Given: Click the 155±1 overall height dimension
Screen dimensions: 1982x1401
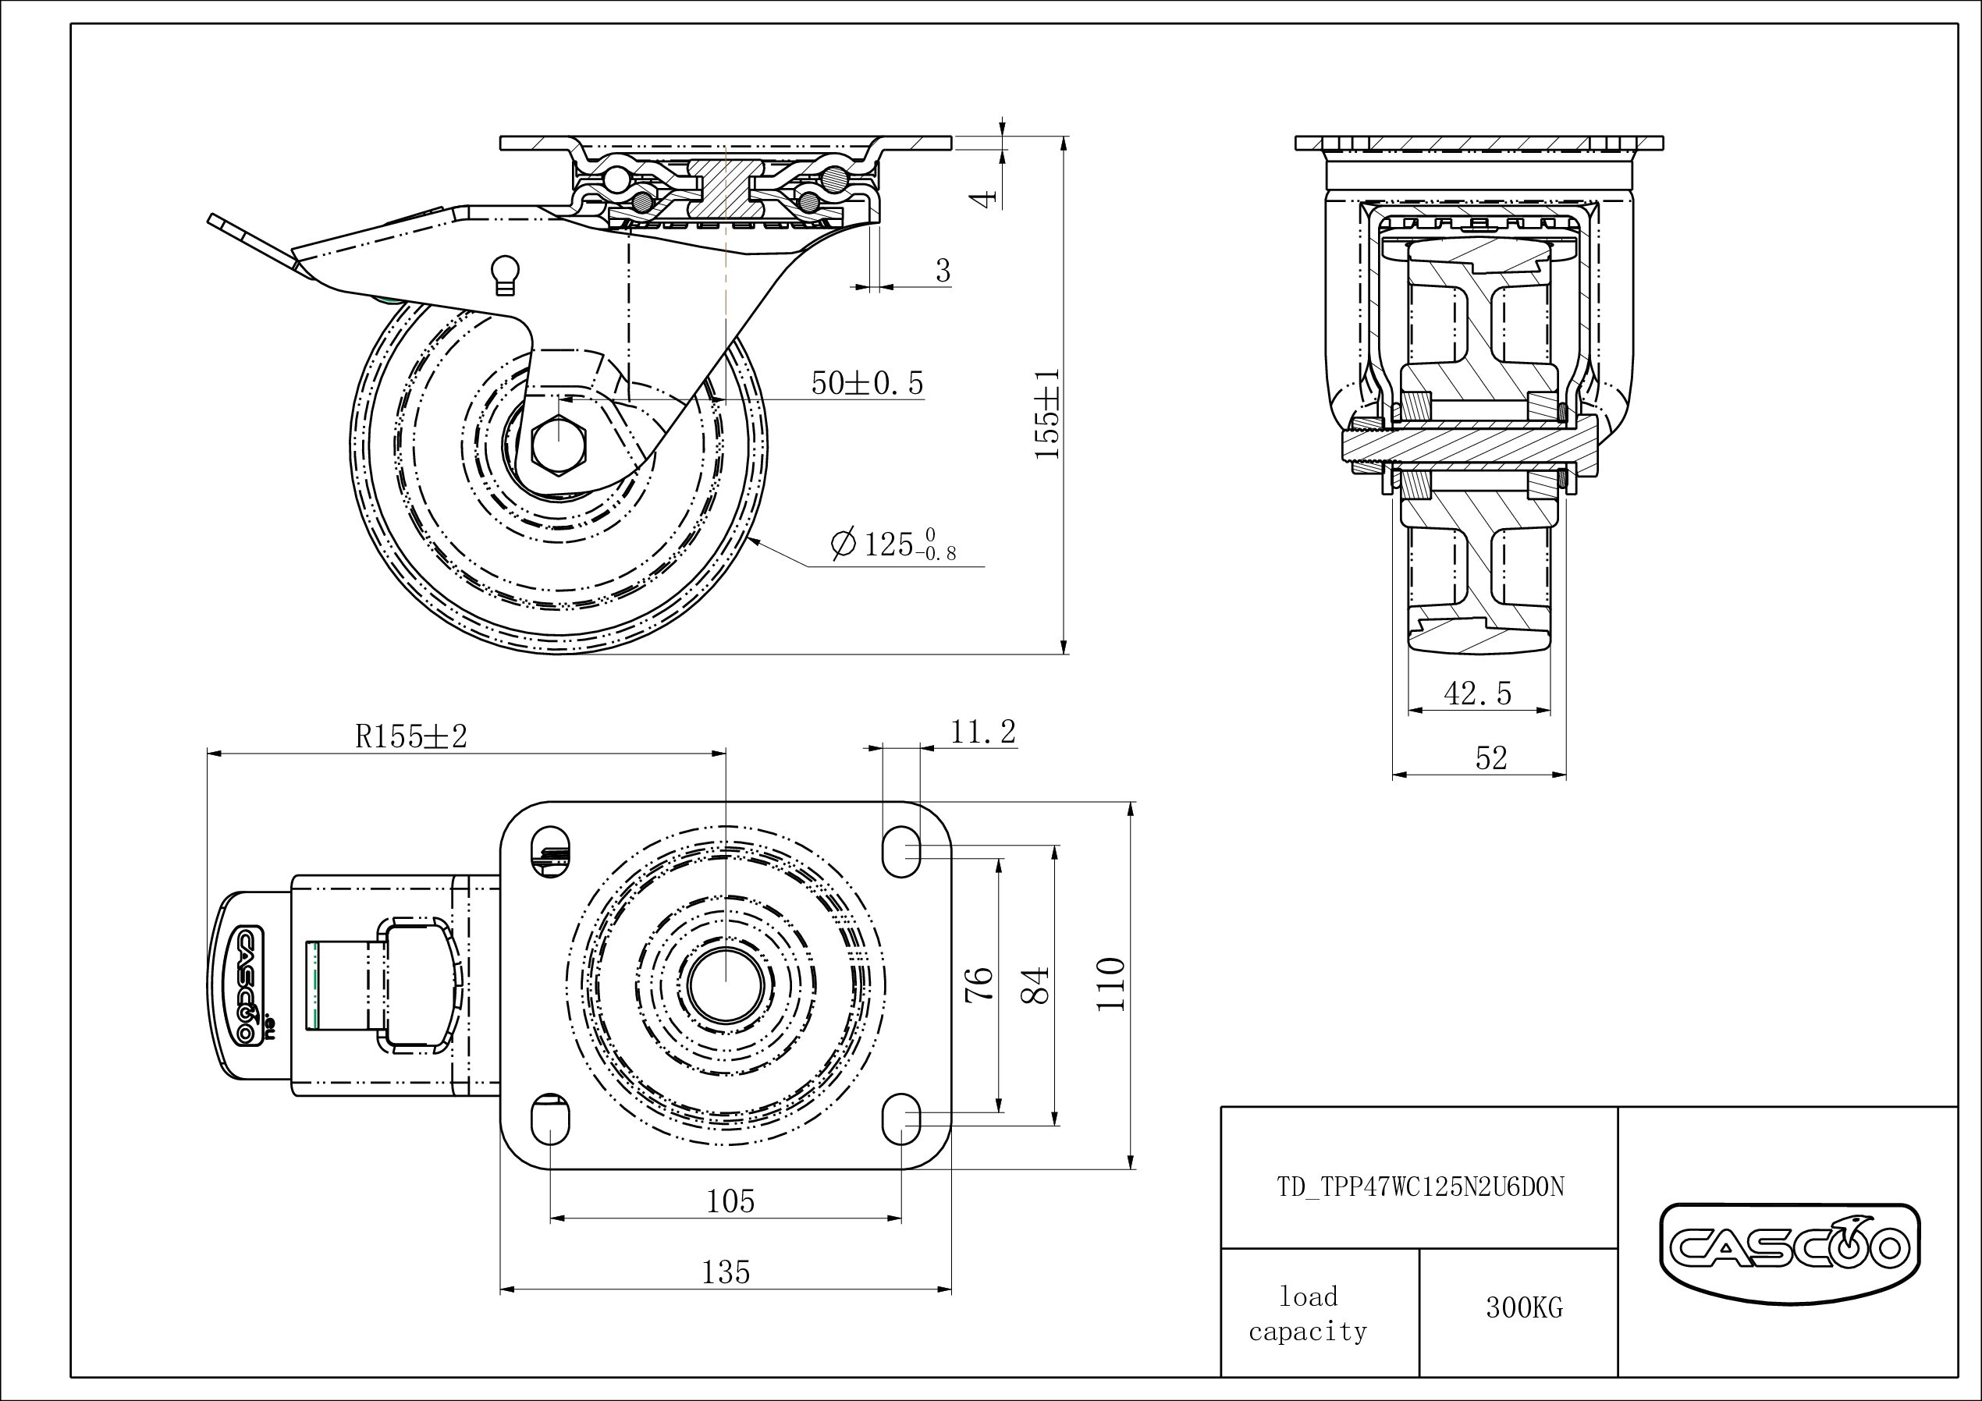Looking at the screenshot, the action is point(1047,414).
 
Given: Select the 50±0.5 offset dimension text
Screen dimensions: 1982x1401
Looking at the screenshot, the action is point(867,383).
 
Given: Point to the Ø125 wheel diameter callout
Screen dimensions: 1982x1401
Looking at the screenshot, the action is point(893,544).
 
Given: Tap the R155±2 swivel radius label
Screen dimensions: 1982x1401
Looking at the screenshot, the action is point(411,736).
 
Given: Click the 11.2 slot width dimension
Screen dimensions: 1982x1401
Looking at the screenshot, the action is point(983,732).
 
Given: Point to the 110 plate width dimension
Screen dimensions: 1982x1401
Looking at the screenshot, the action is point(1111,984).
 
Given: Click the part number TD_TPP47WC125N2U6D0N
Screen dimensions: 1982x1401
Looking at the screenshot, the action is point(1420,1188).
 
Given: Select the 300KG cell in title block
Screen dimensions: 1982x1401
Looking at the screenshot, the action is point(1524,1307).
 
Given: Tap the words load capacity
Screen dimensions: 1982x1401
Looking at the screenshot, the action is point(1308,1314).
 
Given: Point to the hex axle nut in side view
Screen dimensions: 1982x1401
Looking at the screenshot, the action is point(558,445).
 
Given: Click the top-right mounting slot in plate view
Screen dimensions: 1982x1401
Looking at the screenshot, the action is point(901,851).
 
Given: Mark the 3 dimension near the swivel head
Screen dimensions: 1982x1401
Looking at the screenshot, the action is point(943,271).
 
